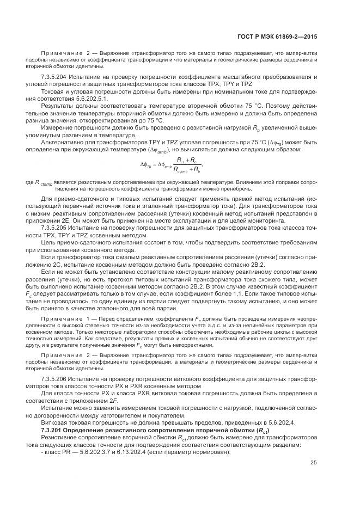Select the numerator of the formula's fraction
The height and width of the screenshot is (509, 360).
pyautogui.click(x=187, y=159)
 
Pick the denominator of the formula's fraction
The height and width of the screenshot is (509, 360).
pyautogui.click(x=186, y=169)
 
